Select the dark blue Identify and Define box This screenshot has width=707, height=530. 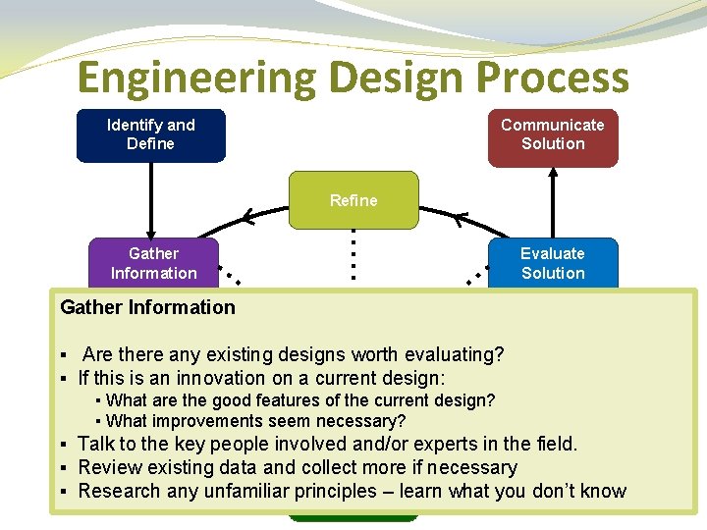point(151,134)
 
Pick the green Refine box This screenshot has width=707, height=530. point(353,200)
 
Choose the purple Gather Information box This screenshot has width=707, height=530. point(153,263)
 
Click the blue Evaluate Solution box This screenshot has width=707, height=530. point(553,263)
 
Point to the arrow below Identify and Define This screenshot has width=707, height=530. point(151,201)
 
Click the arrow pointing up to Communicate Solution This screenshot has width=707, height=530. point(554,201)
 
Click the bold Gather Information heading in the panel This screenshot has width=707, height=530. point(147,307)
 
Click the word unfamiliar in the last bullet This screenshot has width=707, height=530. point(243,491)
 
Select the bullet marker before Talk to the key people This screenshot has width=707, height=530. point(63,445)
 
